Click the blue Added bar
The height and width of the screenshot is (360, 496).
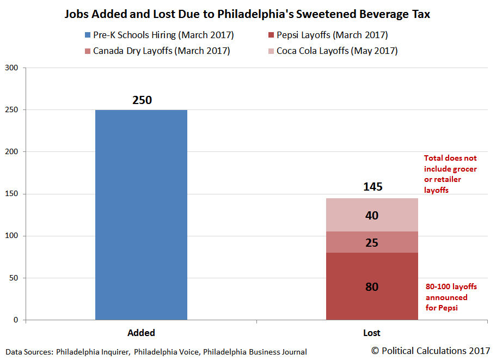click(141, 215)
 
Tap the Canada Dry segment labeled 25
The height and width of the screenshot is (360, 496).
click(372, 242)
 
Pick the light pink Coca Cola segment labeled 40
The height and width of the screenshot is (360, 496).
click(372, 215)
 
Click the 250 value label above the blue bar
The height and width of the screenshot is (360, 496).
click(142, 100)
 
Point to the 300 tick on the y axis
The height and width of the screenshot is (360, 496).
click(12, 68)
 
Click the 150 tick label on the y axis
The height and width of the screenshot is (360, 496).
click(12, 194)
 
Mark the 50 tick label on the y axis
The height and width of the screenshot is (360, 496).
click(14, 278)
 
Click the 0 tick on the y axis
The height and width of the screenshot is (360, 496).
click(16, 320)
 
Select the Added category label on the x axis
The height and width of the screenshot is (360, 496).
click(141, 333)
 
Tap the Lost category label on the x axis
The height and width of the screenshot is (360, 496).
click(372, 333)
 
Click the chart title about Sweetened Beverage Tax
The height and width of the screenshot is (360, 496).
click(247, 15)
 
